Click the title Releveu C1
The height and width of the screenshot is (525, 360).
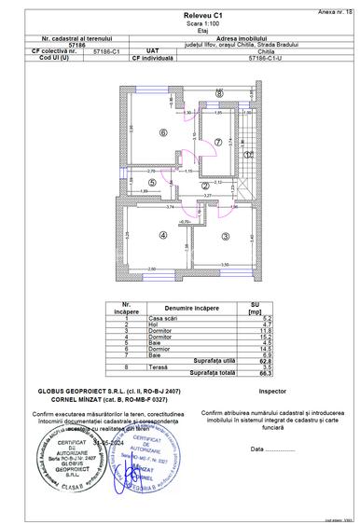[x=180, y=17]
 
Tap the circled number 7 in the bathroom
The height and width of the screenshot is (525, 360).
[x=218, y=142]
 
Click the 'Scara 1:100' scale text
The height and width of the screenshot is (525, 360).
[x=180, y=26]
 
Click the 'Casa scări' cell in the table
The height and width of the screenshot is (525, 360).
[x=162, y=318]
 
